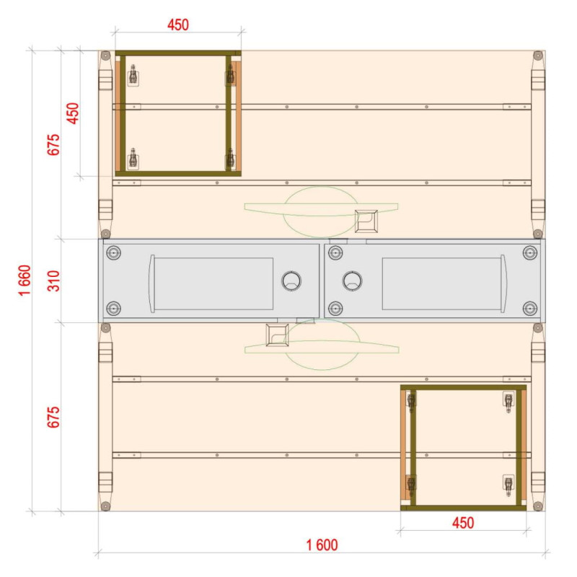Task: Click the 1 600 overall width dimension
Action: [322, 545]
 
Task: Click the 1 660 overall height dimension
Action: [25, 280]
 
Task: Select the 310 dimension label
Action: [53, 281]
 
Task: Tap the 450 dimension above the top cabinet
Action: [178, 25]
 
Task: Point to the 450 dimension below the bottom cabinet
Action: [463, 523]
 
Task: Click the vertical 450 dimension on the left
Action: [73, 113]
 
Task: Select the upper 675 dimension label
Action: [53, 145]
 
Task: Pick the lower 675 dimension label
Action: [53, 417]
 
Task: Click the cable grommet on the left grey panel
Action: [291, 281]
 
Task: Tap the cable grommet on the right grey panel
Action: [352, 281]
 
